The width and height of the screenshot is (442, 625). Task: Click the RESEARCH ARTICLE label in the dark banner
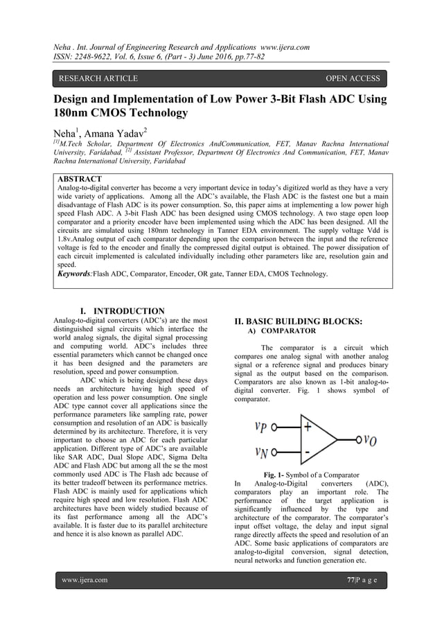click(x=98, y=79)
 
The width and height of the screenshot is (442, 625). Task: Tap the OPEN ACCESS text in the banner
click(x=353, y=79)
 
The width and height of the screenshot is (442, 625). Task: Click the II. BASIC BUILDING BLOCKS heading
click(x=299, y=322)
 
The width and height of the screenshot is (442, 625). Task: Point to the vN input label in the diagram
click(x=262, y=453)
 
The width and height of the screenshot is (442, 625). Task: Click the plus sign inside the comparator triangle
click(x=307, y=427)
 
